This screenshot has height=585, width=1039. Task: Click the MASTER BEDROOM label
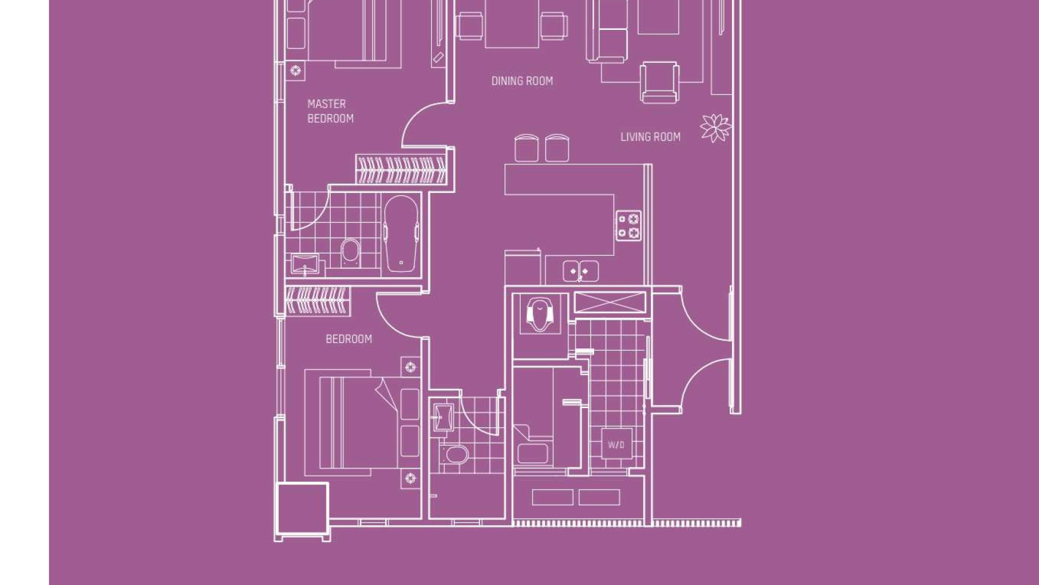click(330, 111)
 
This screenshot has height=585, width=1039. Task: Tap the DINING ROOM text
click(522, 81)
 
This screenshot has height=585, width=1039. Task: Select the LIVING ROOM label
click(650, 137)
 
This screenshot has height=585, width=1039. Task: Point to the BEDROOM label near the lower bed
click(349, 339)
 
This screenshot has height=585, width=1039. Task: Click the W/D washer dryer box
click(616, 445)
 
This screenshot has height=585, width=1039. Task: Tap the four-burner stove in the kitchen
click(628, 226)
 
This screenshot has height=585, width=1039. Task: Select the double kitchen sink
click(580, 271)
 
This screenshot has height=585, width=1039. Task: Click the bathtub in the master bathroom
click(401, 234)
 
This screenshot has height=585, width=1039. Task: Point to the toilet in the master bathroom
click(351, 252)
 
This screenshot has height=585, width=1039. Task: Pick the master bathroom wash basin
click(305, 264)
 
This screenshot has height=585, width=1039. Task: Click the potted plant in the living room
click(715, 127)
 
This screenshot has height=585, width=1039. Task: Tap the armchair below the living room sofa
click(659, 82)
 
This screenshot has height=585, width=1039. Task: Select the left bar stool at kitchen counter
click(526, 148)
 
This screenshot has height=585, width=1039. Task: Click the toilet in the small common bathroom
click(457, 455)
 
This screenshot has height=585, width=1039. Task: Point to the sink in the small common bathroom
click(442, 417)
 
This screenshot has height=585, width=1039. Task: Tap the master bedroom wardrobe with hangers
click(401, 170)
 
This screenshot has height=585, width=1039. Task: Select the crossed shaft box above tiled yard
click(610, 302)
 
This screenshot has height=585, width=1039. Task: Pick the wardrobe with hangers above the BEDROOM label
click(316, 301)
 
